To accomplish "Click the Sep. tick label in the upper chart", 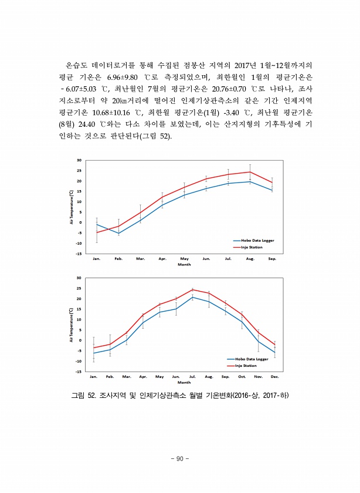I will click(x=271, y=258).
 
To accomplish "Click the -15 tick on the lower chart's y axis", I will click(x=79, y=371).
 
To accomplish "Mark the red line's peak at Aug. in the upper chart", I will click(x=250, y=172).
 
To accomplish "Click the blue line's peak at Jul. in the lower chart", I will click(x=192, y=297).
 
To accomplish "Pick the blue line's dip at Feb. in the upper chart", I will click(x=118, y=234).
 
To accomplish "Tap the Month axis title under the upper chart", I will click(x=184, y=264).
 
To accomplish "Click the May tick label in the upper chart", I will click(x=185, y=258).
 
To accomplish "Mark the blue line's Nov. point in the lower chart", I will click(x=259, y=342).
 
